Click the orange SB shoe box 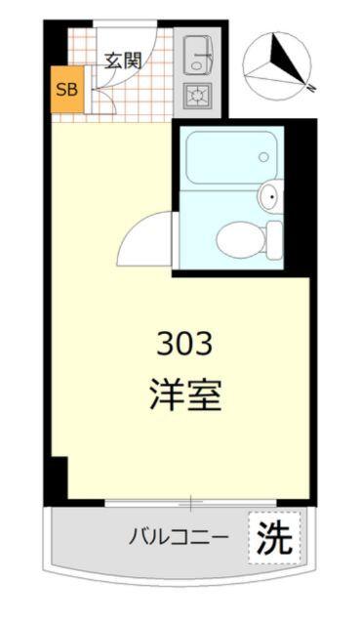pyautogui.click(x=67, y=92)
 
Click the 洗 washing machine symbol pyautogui.click(x=274, y=537)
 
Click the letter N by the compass pyautogui.click(x=310, y=88)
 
